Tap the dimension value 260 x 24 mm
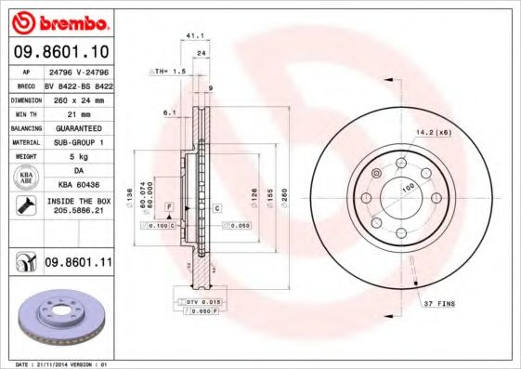tap(77, 98)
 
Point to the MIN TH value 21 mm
tap(77, 112)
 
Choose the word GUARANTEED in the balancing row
tap(77, 126)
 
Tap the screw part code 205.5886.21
tap(79, 212)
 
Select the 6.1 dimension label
tap(169, 112)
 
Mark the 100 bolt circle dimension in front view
tap(406, 187)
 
